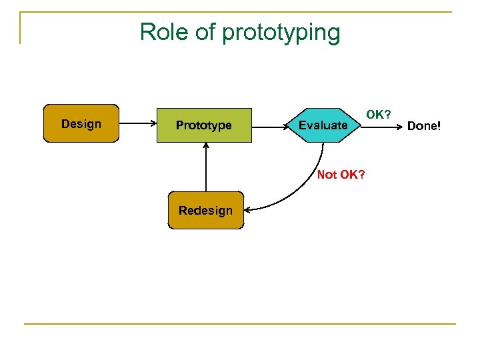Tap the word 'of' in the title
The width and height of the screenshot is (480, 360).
205,32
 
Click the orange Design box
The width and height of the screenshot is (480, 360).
81,123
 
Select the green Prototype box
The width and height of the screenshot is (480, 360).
204,125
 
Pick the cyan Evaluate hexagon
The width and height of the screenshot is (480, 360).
323,125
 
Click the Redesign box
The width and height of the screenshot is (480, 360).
205,211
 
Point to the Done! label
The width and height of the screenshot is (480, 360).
424,125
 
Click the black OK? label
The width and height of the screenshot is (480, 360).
378,115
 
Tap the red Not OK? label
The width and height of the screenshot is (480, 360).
341,175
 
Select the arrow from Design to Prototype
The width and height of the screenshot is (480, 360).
137,124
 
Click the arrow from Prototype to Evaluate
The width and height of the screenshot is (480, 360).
270,125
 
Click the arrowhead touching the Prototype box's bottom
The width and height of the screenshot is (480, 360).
206,147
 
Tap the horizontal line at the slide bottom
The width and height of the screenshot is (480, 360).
240,324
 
